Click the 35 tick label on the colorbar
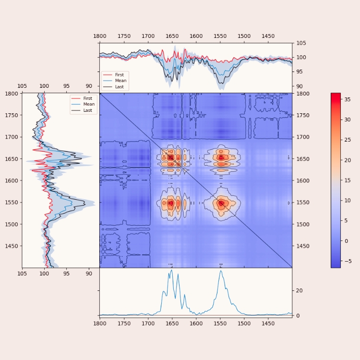point(348,100)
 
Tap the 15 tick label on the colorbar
point(348,180)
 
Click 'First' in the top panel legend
point(120,75)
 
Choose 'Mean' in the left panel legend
point(89,104)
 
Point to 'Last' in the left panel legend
point(88,110)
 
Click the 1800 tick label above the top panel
point(100,36)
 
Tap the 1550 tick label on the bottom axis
point(220,323)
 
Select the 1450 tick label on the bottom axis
point(268,323)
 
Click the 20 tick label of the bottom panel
point(298,291)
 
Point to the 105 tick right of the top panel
point(301,43)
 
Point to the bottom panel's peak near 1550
point(221,271)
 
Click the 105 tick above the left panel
point(22,86)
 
